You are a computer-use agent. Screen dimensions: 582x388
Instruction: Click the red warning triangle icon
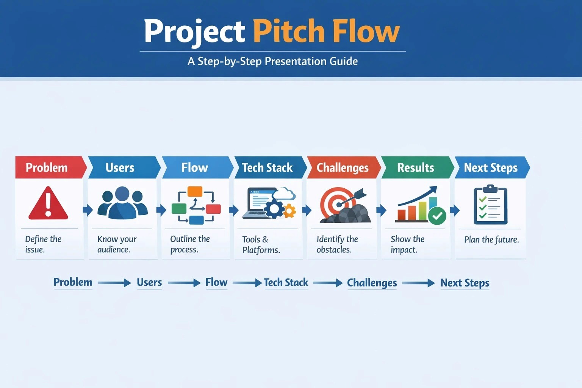point(48,204)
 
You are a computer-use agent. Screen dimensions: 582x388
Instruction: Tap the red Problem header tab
point(47,167)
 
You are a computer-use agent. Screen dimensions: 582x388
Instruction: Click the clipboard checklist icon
point(490,205)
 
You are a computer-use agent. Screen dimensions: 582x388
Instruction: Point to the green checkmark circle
point(437,216)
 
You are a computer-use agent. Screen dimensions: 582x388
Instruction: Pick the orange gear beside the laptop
point(289,211)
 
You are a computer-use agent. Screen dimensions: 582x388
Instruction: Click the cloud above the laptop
point(285,194)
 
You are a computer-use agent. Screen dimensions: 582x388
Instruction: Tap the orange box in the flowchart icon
point(195,191)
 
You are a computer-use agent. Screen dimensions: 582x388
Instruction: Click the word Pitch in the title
point(288,31)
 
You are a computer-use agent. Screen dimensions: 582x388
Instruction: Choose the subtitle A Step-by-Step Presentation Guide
point(272,61)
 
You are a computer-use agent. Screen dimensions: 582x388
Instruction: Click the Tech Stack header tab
point(268,167)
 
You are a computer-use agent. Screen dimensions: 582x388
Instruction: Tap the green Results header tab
point(416,167)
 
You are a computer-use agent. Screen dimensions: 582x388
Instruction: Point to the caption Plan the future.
point(491,239)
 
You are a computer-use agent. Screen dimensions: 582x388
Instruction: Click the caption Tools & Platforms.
point(261,244)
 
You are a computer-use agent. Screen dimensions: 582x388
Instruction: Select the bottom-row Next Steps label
point(465,283)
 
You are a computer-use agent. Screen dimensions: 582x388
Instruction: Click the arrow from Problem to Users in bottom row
point(114,283)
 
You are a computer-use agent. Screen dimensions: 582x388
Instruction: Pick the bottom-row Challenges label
point(372,283)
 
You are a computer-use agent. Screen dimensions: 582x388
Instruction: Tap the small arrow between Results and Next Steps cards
point(455,210)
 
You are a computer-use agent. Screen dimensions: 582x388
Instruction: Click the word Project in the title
point(194,31)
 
